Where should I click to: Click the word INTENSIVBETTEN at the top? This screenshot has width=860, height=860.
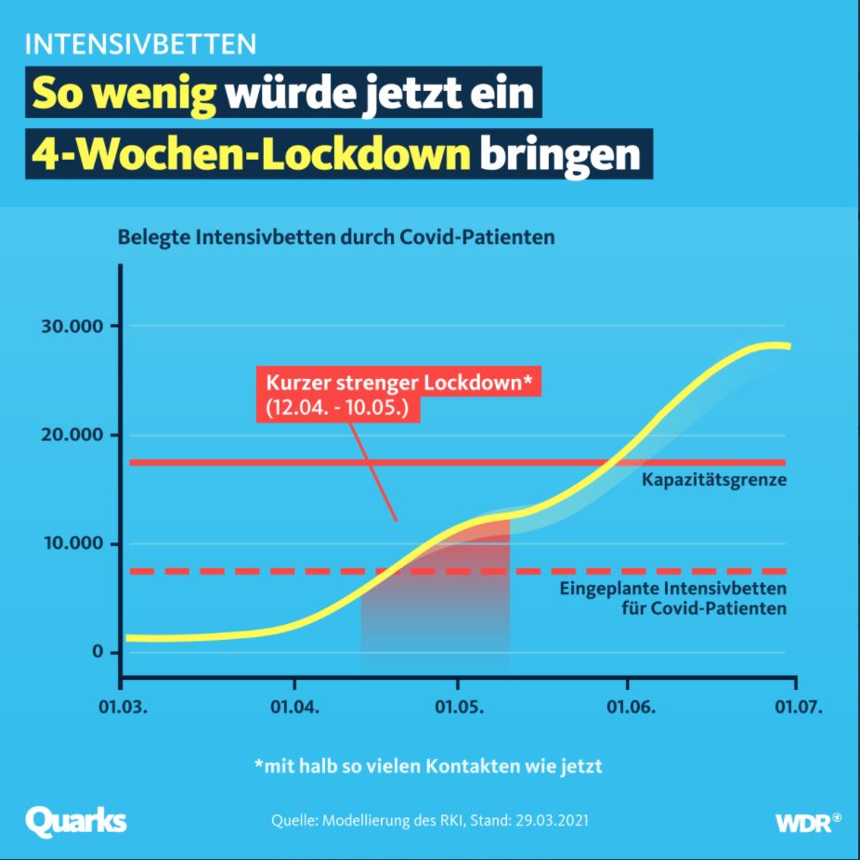pyautogui.click(x=141, y=45)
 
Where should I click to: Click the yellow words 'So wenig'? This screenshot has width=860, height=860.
pyautogui.click(x=124, y=95)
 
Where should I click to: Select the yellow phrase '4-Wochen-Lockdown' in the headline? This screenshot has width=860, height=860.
pyautogui.click(x=251, y=155)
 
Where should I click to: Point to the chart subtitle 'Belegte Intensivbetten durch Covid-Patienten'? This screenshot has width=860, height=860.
pyautogui.click(x=335, y=237)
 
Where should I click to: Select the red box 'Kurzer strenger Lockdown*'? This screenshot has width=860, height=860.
pyautogui.click(x=338, y=395)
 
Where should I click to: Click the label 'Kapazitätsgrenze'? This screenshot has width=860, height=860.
pyautogui.click(x=713, y=481)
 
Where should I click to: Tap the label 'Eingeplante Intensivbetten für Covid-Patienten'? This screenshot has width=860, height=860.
pyautogui.click(x=673, y=599)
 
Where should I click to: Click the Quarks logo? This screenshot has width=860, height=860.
pyautogui.click(x=76, y=821)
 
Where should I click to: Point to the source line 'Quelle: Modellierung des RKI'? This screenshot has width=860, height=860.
pyautogui.click(x=429, y=822)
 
